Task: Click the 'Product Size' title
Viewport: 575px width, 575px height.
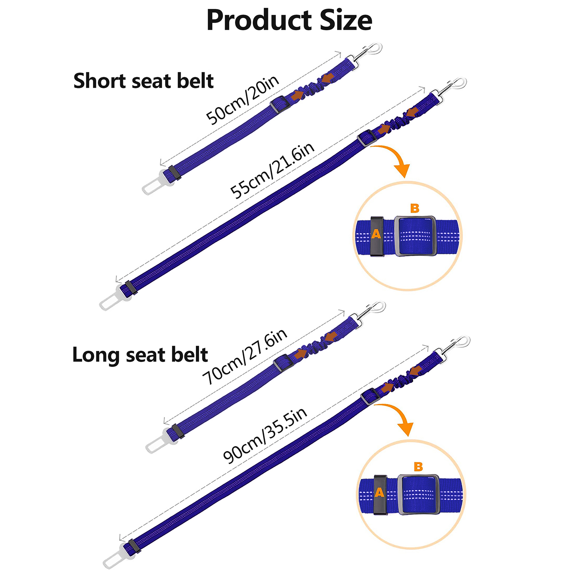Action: (289, 20)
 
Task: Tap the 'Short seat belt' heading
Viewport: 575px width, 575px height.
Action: (143, 80)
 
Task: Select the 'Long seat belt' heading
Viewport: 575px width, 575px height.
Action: (140, 355)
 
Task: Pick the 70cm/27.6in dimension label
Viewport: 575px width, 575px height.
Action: (245, 356)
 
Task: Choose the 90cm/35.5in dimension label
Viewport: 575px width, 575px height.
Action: (265, 435)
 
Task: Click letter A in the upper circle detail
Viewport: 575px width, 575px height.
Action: (376, 234)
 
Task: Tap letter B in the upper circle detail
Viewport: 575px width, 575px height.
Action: (415, 208)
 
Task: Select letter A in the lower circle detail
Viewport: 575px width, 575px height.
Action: (379, 492)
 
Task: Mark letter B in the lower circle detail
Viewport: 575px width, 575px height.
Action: (418, 466)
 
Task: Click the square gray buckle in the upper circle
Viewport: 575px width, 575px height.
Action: (415, 236)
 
